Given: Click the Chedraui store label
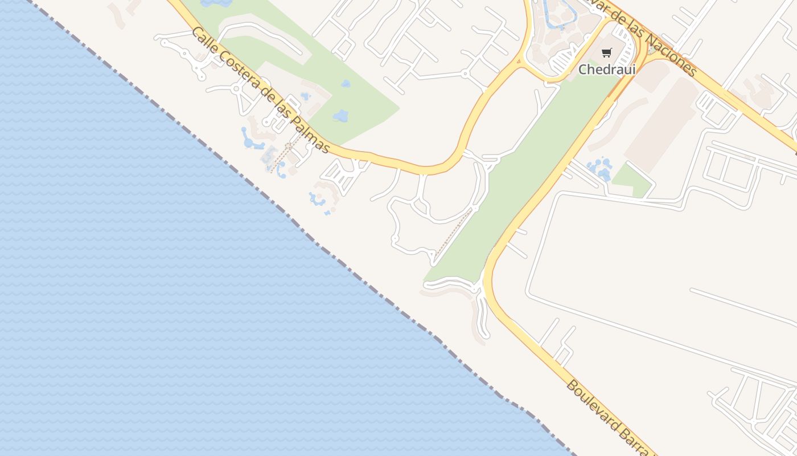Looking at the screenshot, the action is [607, 70].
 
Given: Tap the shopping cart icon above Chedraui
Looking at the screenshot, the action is [607, 53].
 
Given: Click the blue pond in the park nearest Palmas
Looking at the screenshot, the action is [341, 116].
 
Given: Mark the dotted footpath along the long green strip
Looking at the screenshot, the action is [453, 234].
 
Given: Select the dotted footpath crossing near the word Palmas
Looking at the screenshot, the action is [282, 157].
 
